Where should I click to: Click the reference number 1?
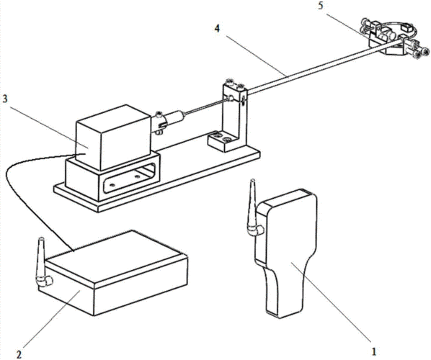pyautogui.click(x=373, y=351)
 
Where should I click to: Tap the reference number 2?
pyautogui.click(x=19, y=354)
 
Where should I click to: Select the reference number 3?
pyautogui.click(x=5, y=99)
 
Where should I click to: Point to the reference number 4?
pyautogui.click(x=218, y=29)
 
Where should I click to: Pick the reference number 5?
pyautogui.click(x=321, y=6)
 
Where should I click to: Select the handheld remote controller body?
pyautogui.click(x=286, y=253)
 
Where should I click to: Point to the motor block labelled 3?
pyautogui.click(x=113, y=138)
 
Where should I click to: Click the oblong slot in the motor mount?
pyautogui.click(x=129, y=178)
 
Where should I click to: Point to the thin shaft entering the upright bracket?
pyautogui.click(x=207, y=107)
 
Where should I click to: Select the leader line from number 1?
pyautogui.click(x=331, y=302)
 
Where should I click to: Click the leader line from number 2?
pyautogui.click(x=51, y=319)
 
